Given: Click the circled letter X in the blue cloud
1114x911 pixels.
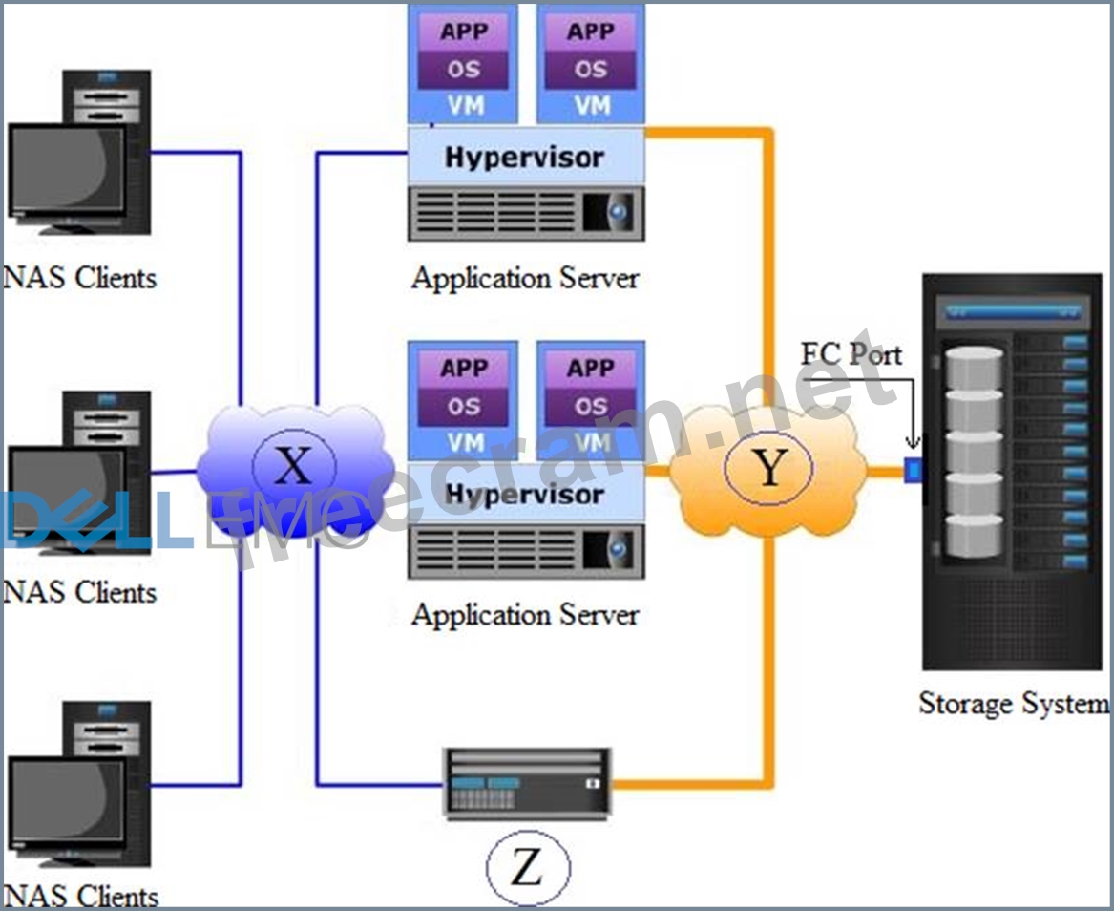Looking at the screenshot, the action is pos(293,466).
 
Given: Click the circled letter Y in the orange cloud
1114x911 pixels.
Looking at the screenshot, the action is pos(767,467).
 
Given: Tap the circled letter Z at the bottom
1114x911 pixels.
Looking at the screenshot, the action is pos(528,868).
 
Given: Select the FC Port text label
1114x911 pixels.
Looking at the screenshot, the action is pos(851,354).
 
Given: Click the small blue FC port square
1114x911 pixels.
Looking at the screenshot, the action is pos(913,470).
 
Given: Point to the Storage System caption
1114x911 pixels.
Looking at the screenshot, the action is pos(1014,704).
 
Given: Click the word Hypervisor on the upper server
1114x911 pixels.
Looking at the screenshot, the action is pos(524,157).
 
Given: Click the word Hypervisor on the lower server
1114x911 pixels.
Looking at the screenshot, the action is pos(524,494).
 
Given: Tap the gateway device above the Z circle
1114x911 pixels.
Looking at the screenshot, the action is pos(526,784).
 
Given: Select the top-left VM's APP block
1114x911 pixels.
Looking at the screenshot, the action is pos(463,32).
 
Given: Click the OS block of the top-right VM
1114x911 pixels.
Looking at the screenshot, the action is pos(590,70).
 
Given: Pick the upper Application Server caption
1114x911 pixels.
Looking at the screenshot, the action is pos(525,278).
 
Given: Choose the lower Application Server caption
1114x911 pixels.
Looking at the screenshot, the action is pos(525,615).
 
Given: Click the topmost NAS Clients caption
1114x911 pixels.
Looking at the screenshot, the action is pos(79,278).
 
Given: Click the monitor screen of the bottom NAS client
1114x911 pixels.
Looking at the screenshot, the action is pos(67,801).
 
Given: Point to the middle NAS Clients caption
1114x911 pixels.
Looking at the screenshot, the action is pos(79,593).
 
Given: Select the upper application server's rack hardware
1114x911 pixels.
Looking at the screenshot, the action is pos(526,213).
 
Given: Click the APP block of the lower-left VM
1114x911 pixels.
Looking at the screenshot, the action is pos(463,369).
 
